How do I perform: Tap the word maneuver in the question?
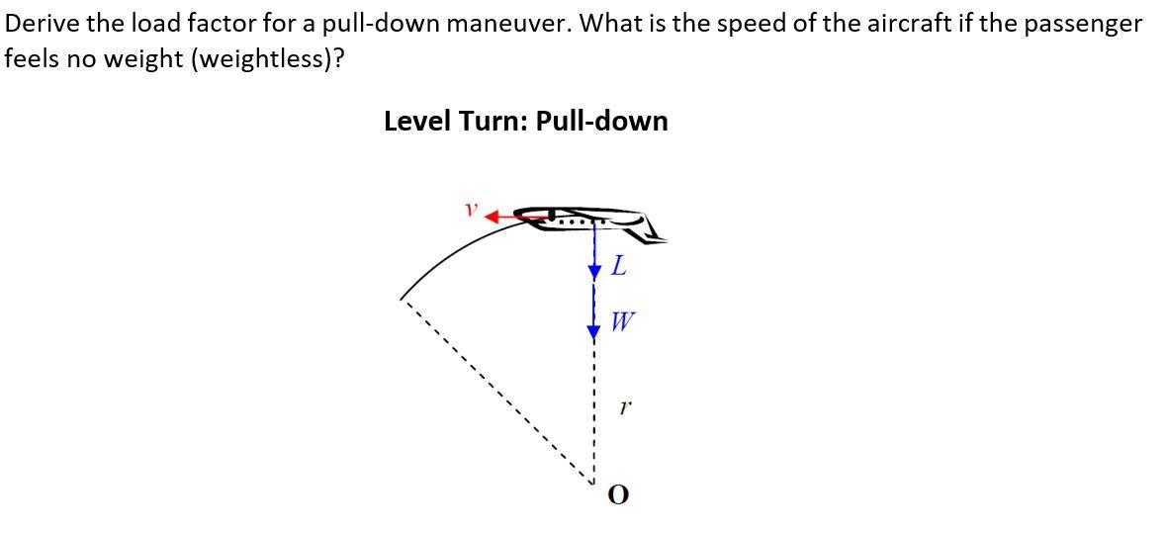coord(507,23)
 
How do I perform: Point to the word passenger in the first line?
coord(1082,23)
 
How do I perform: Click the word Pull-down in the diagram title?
coord(601,122)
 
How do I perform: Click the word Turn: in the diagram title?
coord(493,122)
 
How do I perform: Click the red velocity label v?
coord(472,210)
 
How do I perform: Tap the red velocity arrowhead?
coord(492,216)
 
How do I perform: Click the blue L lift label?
coord(619,265)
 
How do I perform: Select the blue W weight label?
coord(623,321)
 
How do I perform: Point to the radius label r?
coord(622,405)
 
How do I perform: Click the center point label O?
coord(618,493)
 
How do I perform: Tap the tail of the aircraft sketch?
coord(652,229)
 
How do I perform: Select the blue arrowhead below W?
coord(593,332)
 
